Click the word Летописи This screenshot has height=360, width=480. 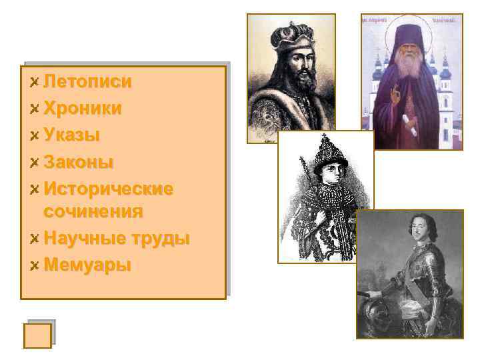click(87, 82)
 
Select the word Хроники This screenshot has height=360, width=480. click(83, 109)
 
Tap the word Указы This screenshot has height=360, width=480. click(71, 135)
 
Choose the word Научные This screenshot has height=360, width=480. click(83, 239)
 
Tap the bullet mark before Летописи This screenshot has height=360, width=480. click(34, 83)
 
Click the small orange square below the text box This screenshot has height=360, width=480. click(37, 335)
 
